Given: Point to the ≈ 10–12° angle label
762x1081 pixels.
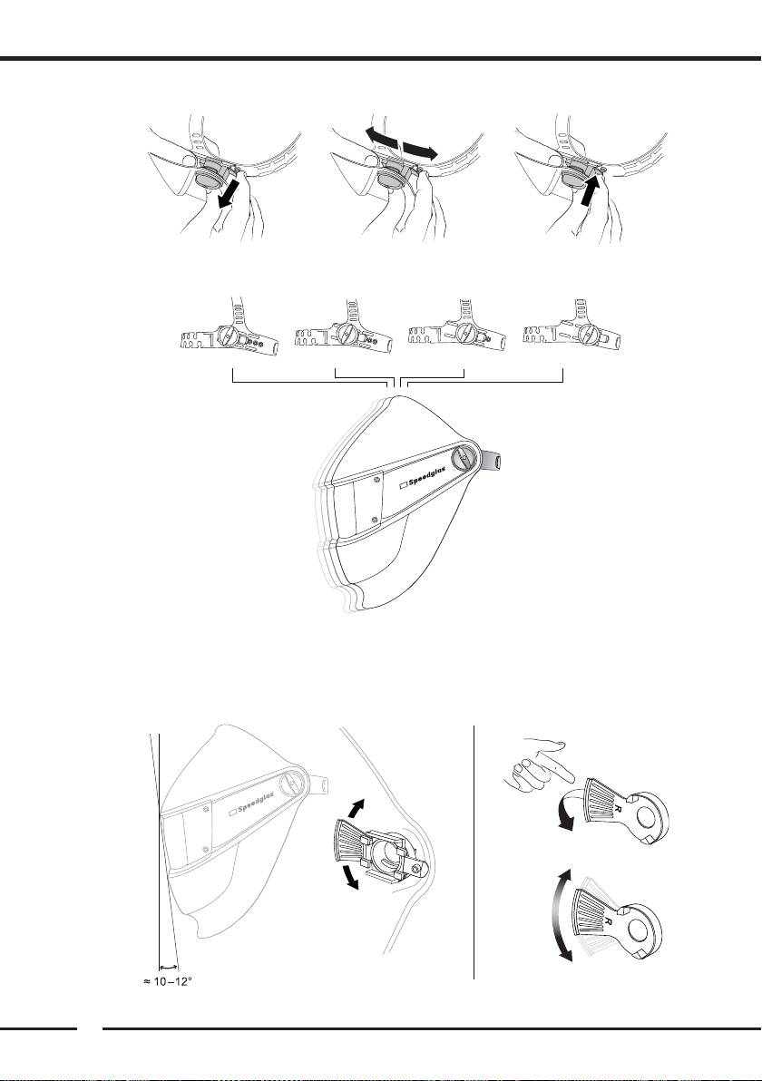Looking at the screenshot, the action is click(168, 981).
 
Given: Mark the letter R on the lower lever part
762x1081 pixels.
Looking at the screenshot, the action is click(608, 920).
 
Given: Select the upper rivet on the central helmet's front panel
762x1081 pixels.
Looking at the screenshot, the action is click(378, 476).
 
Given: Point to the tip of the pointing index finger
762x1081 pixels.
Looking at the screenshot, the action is click(573, 780).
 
